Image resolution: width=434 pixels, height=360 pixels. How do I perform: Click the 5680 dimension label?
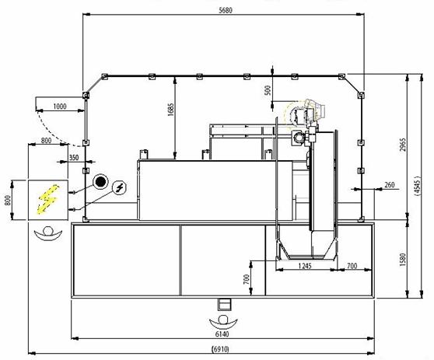(226, 11)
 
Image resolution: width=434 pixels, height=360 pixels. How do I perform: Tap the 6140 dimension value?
(222, 334)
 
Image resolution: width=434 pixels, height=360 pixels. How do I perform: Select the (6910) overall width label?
(221, 349)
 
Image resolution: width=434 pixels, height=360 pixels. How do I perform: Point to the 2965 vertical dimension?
(403, 145)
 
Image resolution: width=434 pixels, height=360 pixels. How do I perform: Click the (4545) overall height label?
(418, 186)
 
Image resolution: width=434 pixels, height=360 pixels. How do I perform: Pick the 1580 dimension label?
(403, 260)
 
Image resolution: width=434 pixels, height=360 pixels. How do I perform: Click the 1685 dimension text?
(171, 110)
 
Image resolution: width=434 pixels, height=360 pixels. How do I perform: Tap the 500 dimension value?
(268, 90)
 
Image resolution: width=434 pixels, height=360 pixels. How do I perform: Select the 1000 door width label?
(60, 107)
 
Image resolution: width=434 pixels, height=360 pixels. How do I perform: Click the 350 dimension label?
(74, 158)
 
